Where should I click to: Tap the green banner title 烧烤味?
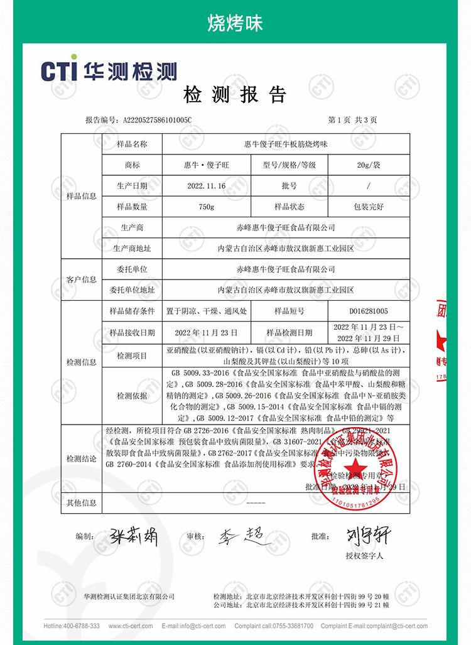click(x=235, y=23)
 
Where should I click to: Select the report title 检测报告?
click(x=235, y=95)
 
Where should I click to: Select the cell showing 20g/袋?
click(x=368, y=165)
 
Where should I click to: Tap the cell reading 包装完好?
click(x=368, y=207)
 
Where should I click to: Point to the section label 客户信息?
click(x=82, y=279)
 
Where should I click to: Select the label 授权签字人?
click(x=364, y=556)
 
